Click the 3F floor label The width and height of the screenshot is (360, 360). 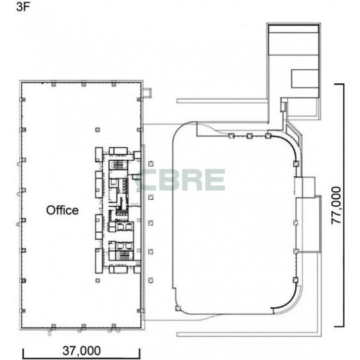click(x=23, y=7)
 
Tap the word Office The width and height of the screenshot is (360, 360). click(x=62, y=210)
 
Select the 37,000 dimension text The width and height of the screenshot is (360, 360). click(x=81, y=351)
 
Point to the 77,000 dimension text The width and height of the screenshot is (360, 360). click(x=336, y=205)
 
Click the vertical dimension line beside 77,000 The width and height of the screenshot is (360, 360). click(x=343, y=205)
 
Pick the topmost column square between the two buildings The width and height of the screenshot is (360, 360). click(x=151, y=163)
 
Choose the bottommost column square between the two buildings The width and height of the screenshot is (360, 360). click(x=151, y=280)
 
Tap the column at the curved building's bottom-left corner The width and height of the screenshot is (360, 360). click(x=178, y=308)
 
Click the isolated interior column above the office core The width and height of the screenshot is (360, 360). click(x=97, y=130)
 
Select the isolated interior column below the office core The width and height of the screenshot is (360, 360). click(x=97, y=281)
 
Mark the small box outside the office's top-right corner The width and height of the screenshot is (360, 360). click(x=147, y=92)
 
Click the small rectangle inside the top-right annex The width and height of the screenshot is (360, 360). click(x=305, y=79)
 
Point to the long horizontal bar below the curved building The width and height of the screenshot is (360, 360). click(x=249, y=334)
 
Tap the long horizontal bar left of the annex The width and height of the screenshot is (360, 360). click(x=222, y=101)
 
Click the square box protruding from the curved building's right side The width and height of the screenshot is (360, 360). click(x=304, y=187)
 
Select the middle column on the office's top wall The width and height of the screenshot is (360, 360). click(x=83, y=83)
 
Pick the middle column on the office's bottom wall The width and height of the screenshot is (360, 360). click(x=83, y=326)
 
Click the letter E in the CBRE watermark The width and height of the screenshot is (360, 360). click(x=215, y=180)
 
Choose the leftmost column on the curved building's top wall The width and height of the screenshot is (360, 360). click(x=232, y=136)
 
